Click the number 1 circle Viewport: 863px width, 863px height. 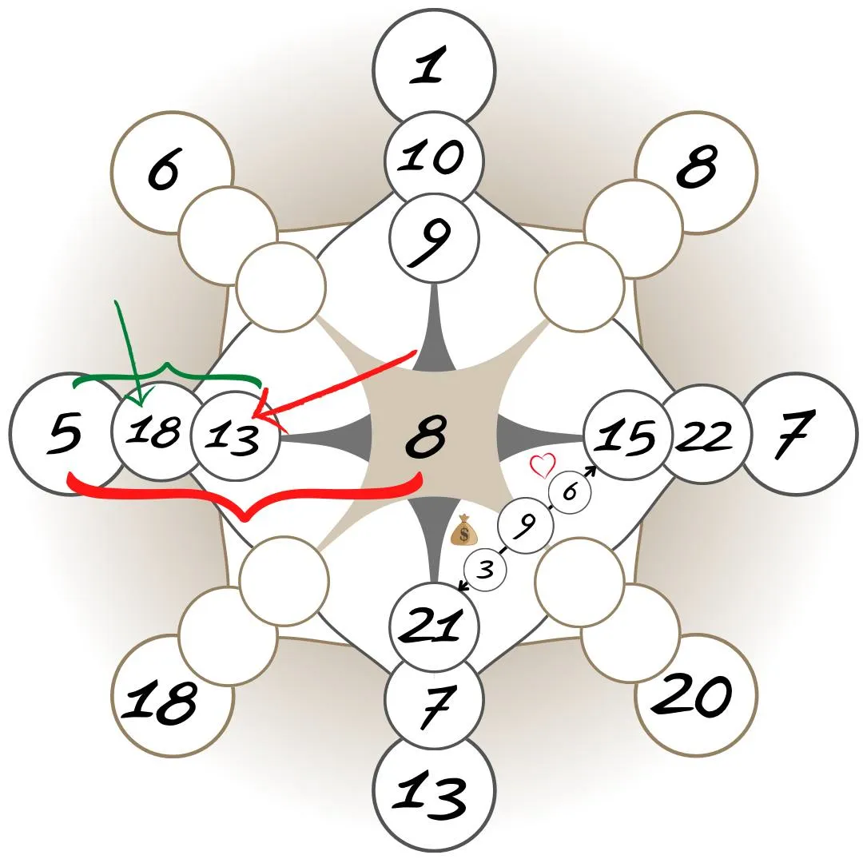(433, 68)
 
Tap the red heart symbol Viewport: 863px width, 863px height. (543, 464)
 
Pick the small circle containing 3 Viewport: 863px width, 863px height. (486, 571)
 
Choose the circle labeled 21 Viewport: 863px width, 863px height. (434, 626)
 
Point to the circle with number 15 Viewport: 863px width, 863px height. (627, 436)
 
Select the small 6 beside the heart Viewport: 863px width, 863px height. (569, 491)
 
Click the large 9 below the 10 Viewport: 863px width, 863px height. (434, 238)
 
